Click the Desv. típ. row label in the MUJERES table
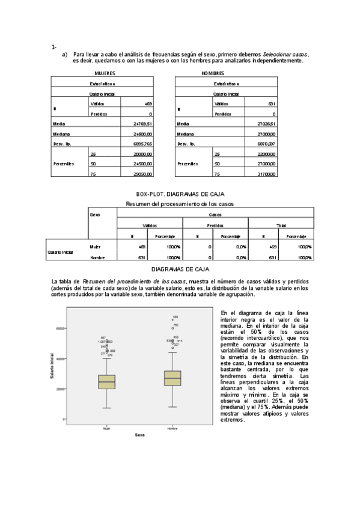point(64,144)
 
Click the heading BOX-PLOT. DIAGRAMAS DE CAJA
point(180,194)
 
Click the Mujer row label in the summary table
point(95,247)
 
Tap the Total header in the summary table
point(281,225)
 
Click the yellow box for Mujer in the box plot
point(107,382)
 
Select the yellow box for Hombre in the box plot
point(172,378)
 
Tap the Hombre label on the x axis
point(172,428)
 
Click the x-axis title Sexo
point(139,435)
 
